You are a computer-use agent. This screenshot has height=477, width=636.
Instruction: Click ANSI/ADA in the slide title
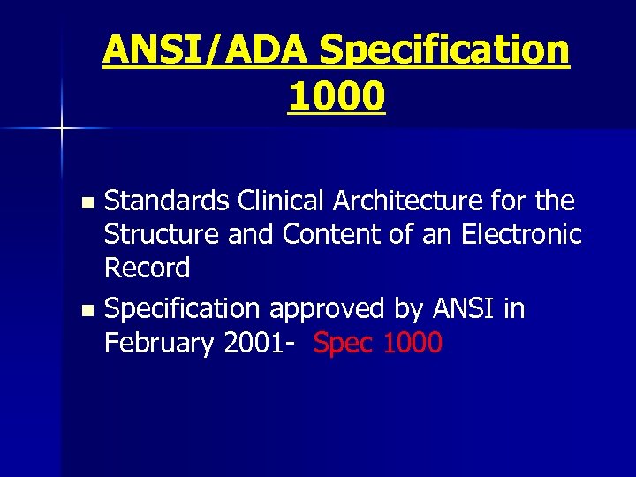click(207, 50)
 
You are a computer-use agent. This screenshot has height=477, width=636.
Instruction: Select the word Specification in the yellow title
click(444, 50)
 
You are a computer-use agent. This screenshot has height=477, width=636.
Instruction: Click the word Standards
click(168, 201)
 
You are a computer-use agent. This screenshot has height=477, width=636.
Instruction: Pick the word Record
click(147, 268)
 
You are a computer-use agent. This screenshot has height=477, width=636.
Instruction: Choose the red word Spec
click(344, 344)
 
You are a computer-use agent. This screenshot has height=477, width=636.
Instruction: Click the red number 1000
click(413, 343)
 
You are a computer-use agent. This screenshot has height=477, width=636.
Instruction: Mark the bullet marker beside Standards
click(86, 203)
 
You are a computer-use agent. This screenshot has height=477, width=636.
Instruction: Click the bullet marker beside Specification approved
click(86, 311)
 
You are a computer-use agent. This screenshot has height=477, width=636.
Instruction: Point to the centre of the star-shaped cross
click(62, 129)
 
